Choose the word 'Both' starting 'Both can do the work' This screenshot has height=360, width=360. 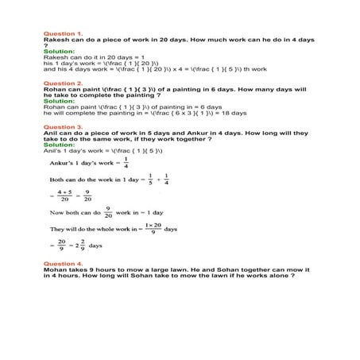click(x=58, y=180)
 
